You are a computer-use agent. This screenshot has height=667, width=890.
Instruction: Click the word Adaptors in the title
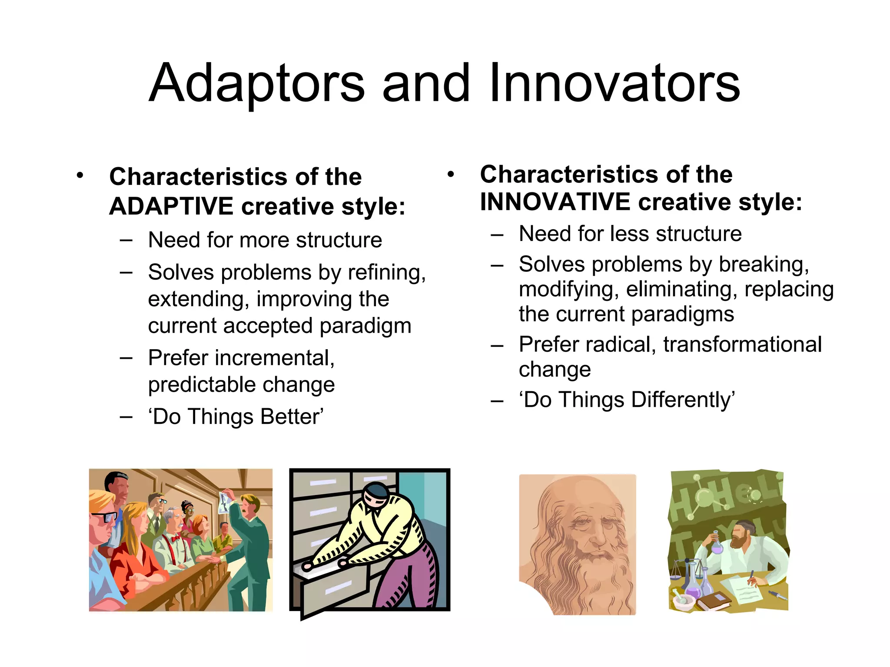256,83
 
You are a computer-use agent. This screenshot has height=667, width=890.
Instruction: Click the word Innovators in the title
614,83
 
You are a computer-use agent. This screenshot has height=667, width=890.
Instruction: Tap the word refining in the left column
386,273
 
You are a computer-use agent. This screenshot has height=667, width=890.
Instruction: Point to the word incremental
274,358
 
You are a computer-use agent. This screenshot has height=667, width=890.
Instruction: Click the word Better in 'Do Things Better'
292,416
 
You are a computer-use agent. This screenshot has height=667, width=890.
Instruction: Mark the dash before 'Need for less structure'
497,234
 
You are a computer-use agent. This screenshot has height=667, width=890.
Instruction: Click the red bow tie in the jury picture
175,539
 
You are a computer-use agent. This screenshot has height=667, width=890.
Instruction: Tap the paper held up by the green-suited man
225,502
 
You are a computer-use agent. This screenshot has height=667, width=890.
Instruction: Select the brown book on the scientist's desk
713,601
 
